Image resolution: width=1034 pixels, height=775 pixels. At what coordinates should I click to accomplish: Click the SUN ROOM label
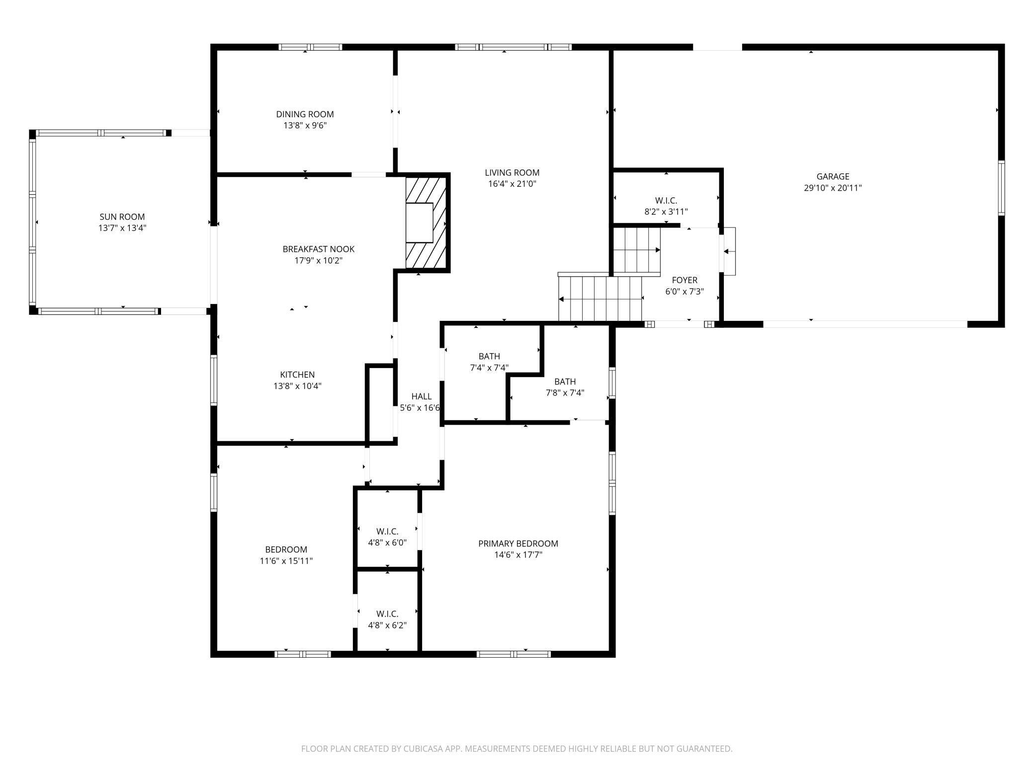pos(122,217)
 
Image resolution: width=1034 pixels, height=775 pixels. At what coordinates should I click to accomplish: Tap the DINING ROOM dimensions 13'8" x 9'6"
pos(305,126)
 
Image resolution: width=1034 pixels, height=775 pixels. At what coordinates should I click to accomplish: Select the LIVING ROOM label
pos(512,173)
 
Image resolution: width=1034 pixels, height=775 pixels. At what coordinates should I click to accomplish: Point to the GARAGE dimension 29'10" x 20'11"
pos(833,188)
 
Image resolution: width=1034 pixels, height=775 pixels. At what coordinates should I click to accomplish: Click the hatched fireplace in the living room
pos(428,223)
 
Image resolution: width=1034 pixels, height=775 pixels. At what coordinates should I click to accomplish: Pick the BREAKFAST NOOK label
pos(319,249)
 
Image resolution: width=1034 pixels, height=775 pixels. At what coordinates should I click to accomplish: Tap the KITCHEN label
pos(297,375)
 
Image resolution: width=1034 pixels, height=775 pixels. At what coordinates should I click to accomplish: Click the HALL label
pos(422,396)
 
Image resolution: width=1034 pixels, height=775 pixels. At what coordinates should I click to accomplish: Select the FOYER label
pos(685,280)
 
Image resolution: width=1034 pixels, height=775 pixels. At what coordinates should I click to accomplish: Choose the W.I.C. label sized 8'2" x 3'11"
pos(666,201)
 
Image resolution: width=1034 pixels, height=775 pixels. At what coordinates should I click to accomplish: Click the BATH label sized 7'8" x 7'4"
pos(565,382)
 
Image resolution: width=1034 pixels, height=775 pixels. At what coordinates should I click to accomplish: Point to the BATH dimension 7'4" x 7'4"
pos(489,368)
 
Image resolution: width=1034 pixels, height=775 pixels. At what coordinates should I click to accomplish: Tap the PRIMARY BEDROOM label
pos(518,543)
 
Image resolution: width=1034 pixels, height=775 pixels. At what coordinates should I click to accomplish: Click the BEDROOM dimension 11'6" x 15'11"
pos(286,561)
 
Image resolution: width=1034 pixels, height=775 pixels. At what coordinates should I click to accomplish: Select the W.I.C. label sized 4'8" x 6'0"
pos(387,532)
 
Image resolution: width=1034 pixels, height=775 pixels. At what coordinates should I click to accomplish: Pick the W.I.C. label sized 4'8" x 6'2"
pos(387,614)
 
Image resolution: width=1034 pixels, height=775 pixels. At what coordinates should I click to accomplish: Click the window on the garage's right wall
pos(1001,188)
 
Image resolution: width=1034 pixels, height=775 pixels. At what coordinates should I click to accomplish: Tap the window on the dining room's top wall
pos(310,47)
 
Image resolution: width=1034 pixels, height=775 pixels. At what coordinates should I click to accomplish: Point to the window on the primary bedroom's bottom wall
pos(514,654)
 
